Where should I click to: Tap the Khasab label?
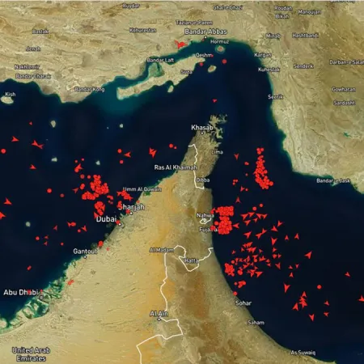[x=202, y=127]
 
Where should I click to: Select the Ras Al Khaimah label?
[x=175, y=167]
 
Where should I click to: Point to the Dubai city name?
[x=107, y=218]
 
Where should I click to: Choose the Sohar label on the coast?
[x=243, y=303]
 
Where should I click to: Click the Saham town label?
[x=256, y=322]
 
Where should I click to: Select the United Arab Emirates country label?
[x=32, y=353]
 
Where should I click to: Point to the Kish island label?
[x=10, y=95]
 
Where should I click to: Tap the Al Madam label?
[x=161, y=250]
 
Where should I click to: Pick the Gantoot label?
[x=85, y=252]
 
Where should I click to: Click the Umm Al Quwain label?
[x=137, y=190]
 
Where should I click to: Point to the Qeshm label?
[x=205, y=55]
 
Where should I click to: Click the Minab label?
[x=273, y=36]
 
